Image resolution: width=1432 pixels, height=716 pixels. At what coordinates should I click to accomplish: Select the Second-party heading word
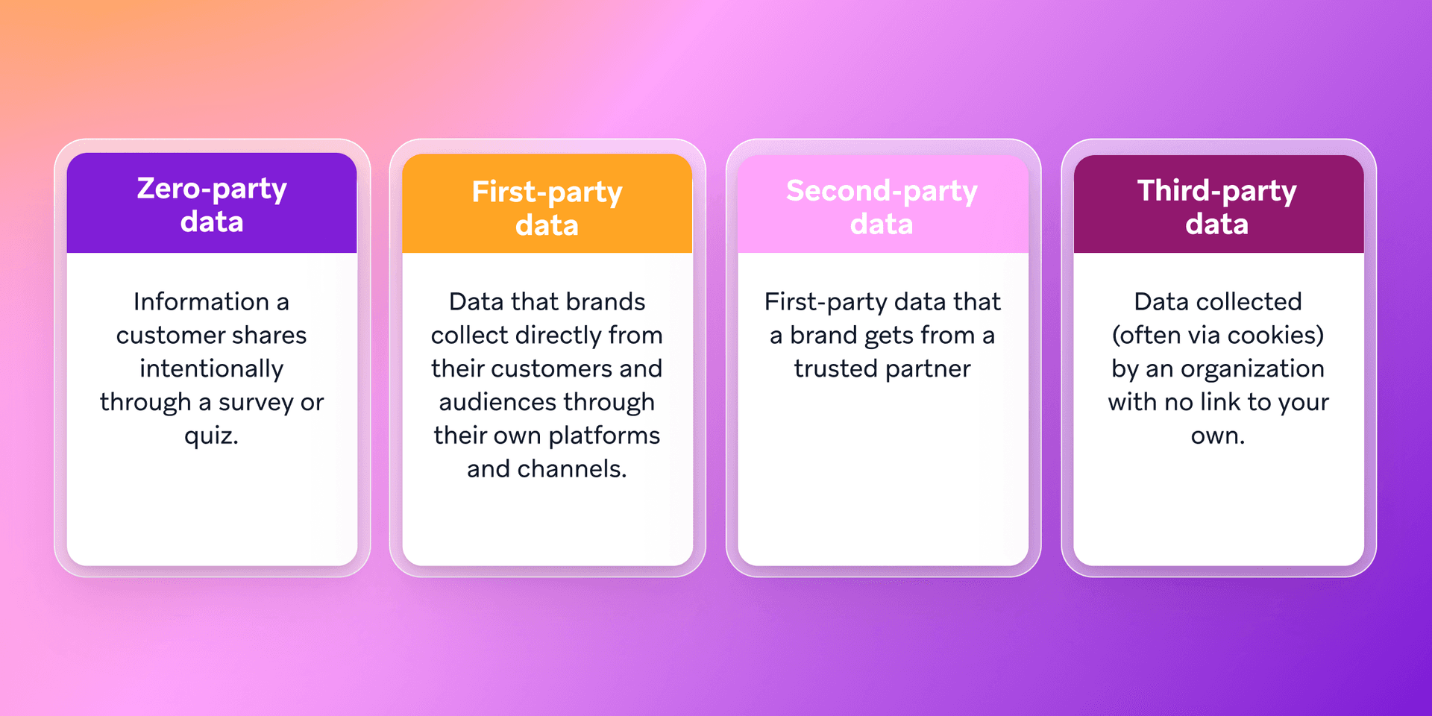click(882, 192)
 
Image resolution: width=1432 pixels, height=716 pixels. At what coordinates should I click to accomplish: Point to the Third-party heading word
click(1216, 192)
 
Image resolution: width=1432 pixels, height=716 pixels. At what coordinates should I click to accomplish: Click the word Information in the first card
click(201, 302)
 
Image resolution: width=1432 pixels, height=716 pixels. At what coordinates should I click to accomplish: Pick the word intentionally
click(212, 369)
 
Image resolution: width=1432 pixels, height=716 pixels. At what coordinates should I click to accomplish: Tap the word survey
click(256, 403)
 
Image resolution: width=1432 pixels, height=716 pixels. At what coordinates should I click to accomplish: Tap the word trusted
click(835, 369)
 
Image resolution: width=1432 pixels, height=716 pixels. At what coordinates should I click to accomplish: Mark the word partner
click(928, 369)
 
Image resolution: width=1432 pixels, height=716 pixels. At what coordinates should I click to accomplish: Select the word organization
click(1252, 369)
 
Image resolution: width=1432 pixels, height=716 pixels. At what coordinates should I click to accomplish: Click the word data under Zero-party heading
click(212, 222)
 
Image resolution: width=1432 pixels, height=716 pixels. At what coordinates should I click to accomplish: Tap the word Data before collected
click(1161, 302)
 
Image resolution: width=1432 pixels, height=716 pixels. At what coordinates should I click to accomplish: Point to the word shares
click(269, 336)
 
